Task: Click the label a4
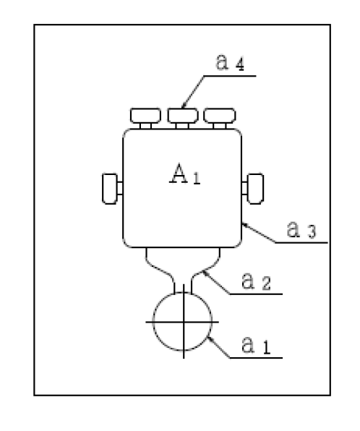point(230,62)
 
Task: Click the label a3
point(301,229)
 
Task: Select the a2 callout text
point(256,281)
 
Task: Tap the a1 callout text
point(256,345)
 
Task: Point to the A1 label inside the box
point(185,174)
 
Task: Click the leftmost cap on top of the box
point(145,116)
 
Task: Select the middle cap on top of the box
point(183,116)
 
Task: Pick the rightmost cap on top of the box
point(220,116)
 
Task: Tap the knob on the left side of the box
point(110,189)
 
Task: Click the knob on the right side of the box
point(256,189)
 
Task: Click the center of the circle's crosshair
point(184,322)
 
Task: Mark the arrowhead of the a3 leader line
point(244,225)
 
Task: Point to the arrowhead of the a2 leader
point(205,273)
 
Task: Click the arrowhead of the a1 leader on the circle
point(210,338)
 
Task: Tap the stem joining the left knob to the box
point(120,188)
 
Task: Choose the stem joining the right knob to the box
point(244,188)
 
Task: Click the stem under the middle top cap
point(182,126)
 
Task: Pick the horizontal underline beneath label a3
point(301,243)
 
